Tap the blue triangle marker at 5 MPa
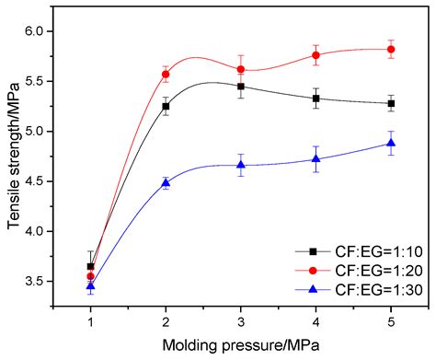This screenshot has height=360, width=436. tap(391, 143)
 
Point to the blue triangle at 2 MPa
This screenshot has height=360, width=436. tap(166, 182)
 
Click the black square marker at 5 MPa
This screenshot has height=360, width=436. tap(391, 103)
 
